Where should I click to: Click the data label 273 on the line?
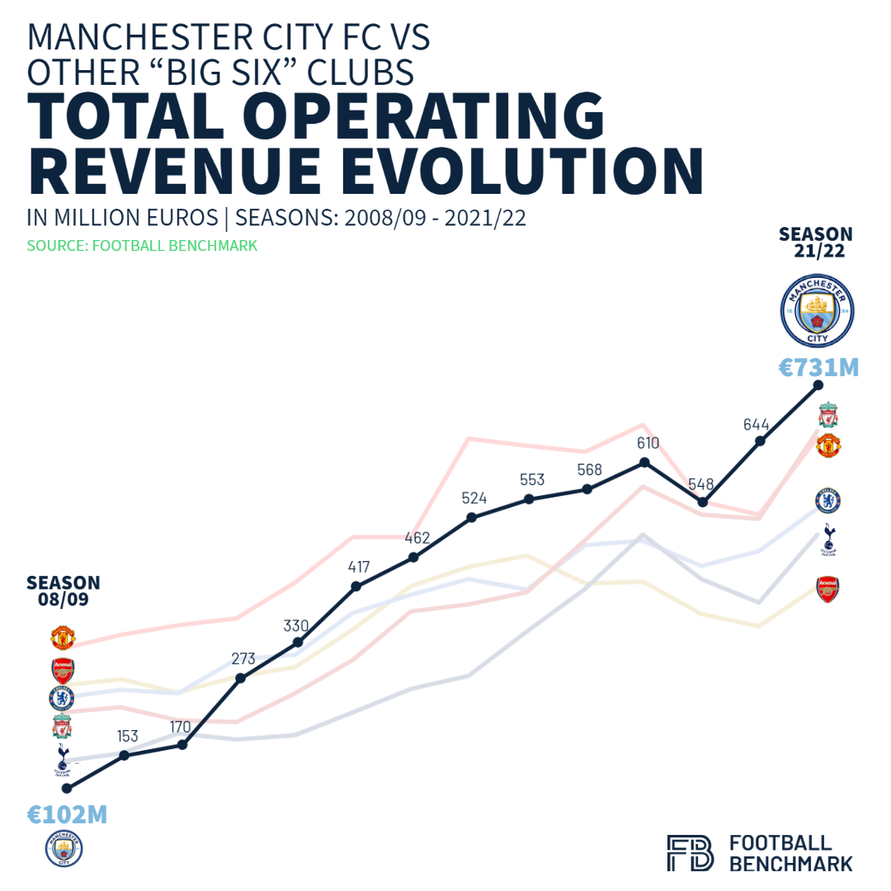(243, 659)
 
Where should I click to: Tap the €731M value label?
(818, 367)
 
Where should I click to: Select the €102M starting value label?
(67, 815)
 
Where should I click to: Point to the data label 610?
(648, 443)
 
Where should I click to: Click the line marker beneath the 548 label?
(703, 502)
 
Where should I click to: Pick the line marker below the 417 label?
(356, 587)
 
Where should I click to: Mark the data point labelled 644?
(761, 441)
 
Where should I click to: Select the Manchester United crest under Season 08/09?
(63, 638)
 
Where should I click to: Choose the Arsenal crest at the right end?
(827, 589)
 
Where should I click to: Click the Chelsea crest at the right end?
(827, 500)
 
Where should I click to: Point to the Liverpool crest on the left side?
(61, 727)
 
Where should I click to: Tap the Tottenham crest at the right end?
(828, 540)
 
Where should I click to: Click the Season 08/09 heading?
(63, 591)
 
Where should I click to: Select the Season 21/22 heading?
(816, 243)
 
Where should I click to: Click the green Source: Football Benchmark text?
(142, 246)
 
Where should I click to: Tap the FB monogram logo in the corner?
(690, 852)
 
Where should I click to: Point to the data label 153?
(127, 736)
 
